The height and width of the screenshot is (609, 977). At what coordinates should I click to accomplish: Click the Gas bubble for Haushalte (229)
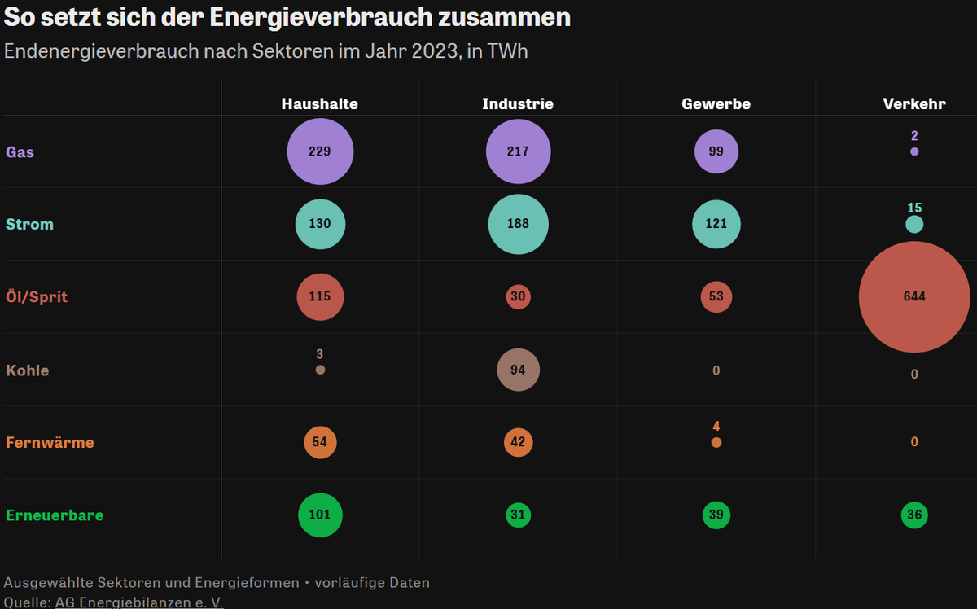pyautogui.click(x=320, y=151)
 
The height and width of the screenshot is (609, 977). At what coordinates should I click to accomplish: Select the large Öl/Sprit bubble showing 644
pyautogui.click(x=914, y=296)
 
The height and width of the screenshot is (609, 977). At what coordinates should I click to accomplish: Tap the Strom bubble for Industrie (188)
pyautogui.click(x=518, y=224)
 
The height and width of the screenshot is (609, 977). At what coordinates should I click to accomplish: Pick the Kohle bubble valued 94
pyautogui.click(x=518, y=370)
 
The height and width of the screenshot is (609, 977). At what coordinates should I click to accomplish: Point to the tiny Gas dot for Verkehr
pyautogui.click(x=914, y=151)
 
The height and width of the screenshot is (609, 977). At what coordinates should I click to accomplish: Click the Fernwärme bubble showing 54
pyautogui.click(x=320, y=442)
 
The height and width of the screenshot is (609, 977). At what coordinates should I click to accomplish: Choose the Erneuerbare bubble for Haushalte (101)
pyautogui.click(x=320, y=515)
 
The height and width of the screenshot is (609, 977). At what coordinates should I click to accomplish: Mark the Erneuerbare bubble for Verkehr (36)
pyautogui.click(x=914, y=515)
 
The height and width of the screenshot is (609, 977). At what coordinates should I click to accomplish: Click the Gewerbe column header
pyautogui.click(x=716, y=104)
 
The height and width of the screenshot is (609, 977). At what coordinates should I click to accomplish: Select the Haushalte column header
pyautogui.click(x=320, y=104)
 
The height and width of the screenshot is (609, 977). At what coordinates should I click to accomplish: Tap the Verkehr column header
pyautogui.click(x=914, y=104)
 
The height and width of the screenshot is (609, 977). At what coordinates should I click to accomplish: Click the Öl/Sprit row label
pyautogui.click(x=37, y=297)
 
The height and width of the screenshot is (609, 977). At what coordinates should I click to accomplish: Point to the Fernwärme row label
pyautogui.click(x=50, y=443)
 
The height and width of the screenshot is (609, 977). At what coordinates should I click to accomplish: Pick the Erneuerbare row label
pyautogui.click(x=55, y=515)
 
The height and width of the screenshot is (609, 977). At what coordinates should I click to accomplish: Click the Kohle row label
pyautogui.click(x=28, y=370)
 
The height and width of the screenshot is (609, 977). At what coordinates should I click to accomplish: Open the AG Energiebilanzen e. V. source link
pyautogui.click(x=138, y=602)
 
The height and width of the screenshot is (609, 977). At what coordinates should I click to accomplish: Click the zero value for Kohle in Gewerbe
pyautogui.click(x=716, y=370)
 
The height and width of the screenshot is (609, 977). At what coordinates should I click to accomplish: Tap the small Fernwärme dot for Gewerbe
pyautogui.click(x=716, y=443)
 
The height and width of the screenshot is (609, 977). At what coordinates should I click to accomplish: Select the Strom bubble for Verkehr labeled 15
pyautogui.click(x=914, y=224)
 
